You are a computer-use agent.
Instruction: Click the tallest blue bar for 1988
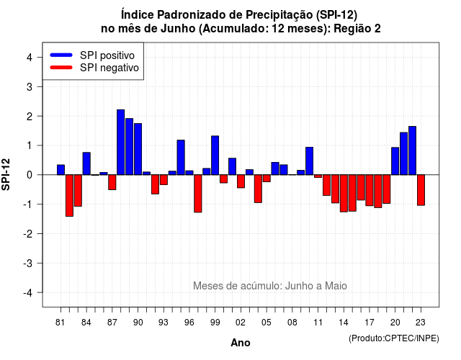coord(120,143)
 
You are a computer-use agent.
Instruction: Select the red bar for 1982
coord(69,195)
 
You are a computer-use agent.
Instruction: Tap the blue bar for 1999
coord(215,156)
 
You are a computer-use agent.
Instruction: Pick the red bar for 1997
coord(198,194)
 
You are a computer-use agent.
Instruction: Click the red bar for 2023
coord(421,190)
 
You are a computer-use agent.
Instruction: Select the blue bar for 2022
coord(413,150)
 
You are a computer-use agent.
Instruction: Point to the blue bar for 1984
coord(86,163)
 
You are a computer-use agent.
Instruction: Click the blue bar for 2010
coord(309,161)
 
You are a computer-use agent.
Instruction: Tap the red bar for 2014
coord(344,194)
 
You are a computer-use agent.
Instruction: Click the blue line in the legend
coord(61,55)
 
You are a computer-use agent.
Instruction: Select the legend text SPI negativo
coord(109,68)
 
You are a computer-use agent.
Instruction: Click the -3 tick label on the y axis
coord(28,263)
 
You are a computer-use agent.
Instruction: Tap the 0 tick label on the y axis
coord(30,175)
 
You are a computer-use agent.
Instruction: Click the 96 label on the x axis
coord(189,323)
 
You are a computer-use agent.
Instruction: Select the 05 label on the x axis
coord(267,323)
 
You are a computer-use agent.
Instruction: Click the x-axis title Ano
coord(241,343)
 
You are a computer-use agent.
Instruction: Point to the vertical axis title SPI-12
coord(6,174)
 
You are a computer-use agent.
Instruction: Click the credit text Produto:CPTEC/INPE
coord(394,338)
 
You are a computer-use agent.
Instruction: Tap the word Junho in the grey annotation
coord(299,286)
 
